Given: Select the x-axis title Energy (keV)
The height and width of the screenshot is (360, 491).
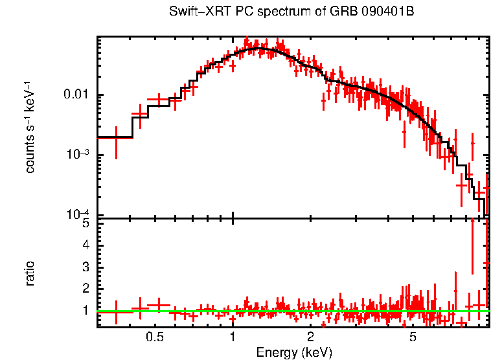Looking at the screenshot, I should [x=294, y=352].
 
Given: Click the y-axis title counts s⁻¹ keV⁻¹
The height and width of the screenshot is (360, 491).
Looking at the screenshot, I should [x=30, y=128].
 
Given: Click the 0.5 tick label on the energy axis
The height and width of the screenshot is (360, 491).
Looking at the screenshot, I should [x=154, y=337].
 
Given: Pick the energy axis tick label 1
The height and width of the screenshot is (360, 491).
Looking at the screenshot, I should [x=233, y=337].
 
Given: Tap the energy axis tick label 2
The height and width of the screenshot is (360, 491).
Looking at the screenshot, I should [x=311, y=337].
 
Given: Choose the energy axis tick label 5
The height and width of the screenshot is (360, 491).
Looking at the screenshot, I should [x=413, y=337].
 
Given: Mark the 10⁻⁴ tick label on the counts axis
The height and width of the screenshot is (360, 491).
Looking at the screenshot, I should [x=80, y=214].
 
